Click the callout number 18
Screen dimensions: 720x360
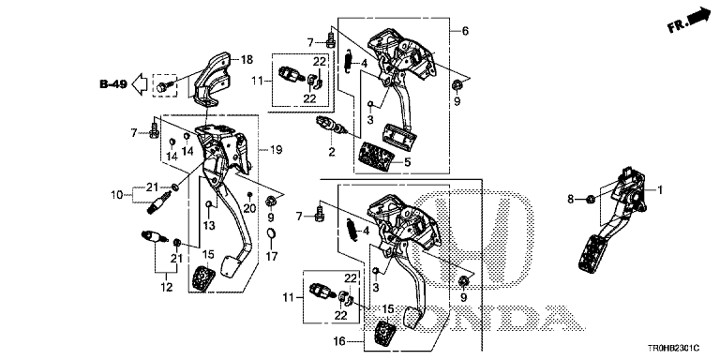click(247, 60)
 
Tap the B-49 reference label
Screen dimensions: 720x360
click(113, 84)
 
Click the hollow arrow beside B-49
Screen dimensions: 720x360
click(139, 83)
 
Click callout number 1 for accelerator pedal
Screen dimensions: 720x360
click(660, 189)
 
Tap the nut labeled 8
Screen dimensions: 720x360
click(592, 199)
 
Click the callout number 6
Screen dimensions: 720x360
click(465, 31)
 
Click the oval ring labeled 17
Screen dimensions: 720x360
click(272, 234)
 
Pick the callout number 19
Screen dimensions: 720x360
click(277, 149)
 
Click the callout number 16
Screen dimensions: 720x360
click(339, 341)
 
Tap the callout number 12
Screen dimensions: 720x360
click(167, 288)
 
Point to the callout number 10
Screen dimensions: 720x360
click(116, 195)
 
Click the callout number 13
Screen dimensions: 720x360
click(209, 225)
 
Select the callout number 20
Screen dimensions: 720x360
click(249, 209)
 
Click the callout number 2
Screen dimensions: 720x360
click(332, 152)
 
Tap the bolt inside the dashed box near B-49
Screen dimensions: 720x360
click(164, 87)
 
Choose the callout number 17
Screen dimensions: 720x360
click(272, 256)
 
